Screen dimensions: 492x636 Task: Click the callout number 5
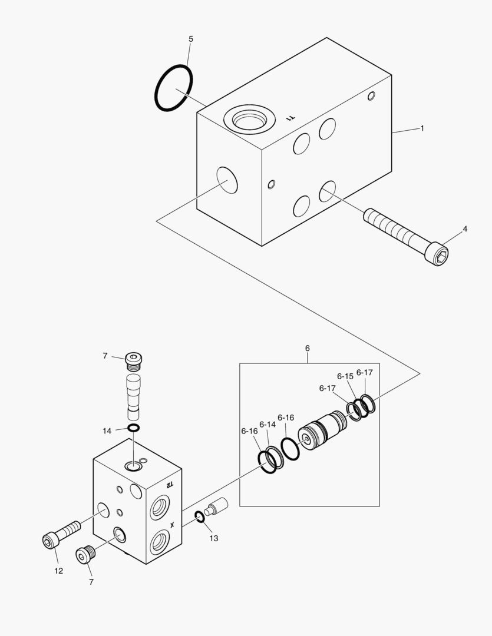(191, 39)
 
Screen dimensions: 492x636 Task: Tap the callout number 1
(422, 128)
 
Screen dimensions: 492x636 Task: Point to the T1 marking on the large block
(290, 118)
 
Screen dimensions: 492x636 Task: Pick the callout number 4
(465, 228)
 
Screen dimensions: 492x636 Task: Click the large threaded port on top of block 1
(250, 120)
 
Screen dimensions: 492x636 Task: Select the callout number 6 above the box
(308, 348)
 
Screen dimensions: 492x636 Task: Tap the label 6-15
(345, 376)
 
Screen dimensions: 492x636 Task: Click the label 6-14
(268, 424)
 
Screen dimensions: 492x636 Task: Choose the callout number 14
(107, 430)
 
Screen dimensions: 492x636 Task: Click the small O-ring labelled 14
(133, 428)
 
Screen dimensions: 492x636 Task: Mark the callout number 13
(214, 538)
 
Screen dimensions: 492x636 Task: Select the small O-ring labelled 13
(200, 517)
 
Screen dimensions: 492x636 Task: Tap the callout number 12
(58, 571)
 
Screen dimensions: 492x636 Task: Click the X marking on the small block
(172, 525)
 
